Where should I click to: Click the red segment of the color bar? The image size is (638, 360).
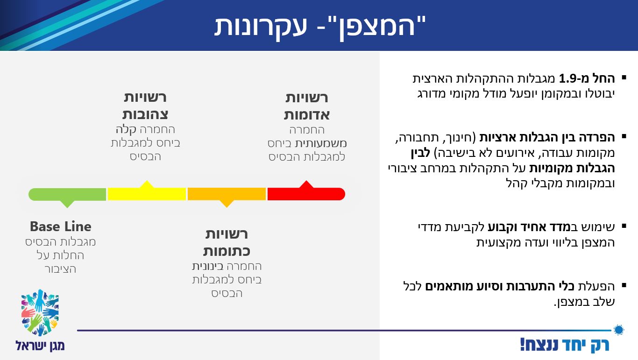pos(306,194)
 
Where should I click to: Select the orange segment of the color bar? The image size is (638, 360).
pos(227,194)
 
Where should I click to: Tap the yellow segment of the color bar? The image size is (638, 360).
pos(147,194)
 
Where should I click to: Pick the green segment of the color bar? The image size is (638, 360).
pos(67,194)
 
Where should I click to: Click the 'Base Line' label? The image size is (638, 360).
pos(60,226)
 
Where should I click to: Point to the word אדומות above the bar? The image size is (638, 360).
pos(306,114)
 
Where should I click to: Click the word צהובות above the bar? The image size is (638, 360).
pos(145,114)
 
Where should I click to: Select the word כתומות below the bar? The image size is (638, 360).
pos(227,251)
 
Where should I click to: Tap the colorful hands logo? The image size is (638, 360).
pos(40,312)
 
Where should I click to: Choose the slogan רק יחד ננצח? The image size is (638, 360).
pos(565,345)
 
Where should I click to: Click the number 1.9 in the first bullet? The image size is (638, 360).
pos(569,78)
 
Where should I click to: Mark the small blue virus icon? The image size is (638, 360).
pos(619,330)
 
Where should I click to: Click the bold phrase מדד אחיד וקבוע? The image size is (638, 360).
pos(521,227)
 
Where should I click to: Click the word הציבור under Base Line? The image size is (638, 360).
pos(60,269)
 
